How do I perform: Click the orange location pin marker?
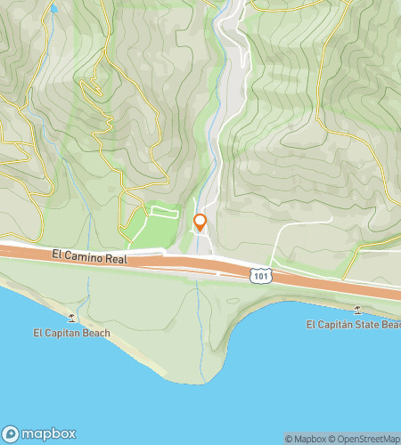pyautogui.click(x=200, y=222)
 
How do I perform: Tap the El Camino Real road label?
pyautogui.click(x=90, y=256)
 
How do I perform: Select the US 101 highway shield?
pyautogui.click(x=259, y=277)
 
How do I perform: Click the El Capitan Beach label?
pyautogui.click(x=71, y=334)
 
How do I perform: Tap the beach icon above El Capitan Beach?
pyautogui.click(x=71, y=318)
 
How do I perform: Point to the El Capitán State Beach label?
pyautogui.click(x=353, y=325)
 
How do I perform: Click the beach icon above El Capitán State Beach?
pyautogui.click(x=357, y=310)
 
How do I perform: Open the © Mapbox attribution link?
pyautogui.click(x=305, y=438)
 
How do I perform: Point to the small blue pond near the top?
pyautogui.click(x=53, y=9)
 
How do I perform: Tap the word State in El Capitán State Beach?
pyautogui.click(x=364, y=325)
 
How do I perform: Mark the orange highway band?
pyautogui.click(x=178, y=265)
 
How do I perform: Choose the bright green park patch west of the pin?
pyautogui.click(x=147, y=230)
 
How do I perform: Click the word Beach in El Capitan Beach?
pyautogui.click(x=94, y=334)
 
